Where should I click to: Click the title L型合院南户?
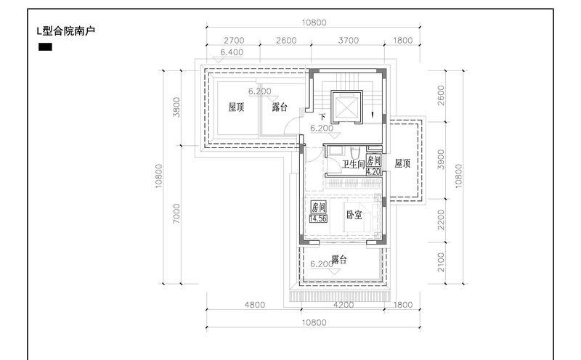(66, 30)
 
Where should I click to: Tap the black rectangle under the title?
(45, 47)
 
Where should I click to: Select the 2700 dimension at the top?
(234, 40)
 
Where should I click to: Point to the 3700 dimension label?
(349, 40)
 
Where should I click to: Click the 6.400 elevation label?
(232, 52)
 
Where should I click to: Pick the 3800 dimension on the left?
(176, 107)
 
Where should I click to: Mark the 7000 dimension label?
(176, 213)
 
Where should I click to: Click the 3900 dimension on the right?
(441, 159)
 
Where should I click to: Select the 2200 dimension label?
(441, 220)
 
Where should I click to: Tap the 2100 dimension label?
(441, 262)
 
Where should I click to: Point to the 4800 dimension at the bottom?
(255, 304)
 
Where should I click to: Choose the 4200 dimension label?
(344, 304)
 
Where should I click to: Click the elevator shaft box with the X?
(346, 105)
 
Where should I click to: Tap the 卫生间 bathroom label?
(353, 164)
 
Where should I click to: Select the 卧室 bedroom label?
(354, 214)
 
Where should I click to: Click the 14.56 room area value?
(318, 218)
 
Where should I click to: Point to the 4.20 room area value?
(373, 172)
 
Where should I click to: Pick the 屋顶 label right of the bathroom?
(402, 163)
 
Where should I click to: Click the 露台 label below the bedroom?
(338, 259)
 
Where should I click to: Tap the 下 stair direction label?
(322, 117)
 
